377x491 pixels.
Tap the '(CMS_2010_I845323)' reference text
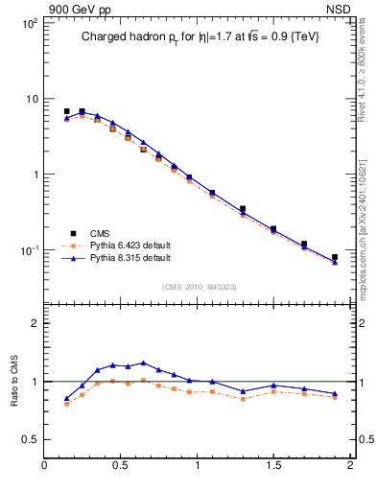[199, 287]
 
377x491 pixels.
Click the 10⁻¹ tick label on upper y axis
[29, 250]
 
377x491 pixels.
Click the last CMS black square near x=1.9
[335, 257]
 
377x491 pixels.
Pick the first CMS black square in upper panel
[66, 111]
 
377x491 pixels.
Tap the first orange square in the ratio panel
[66, 404]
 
